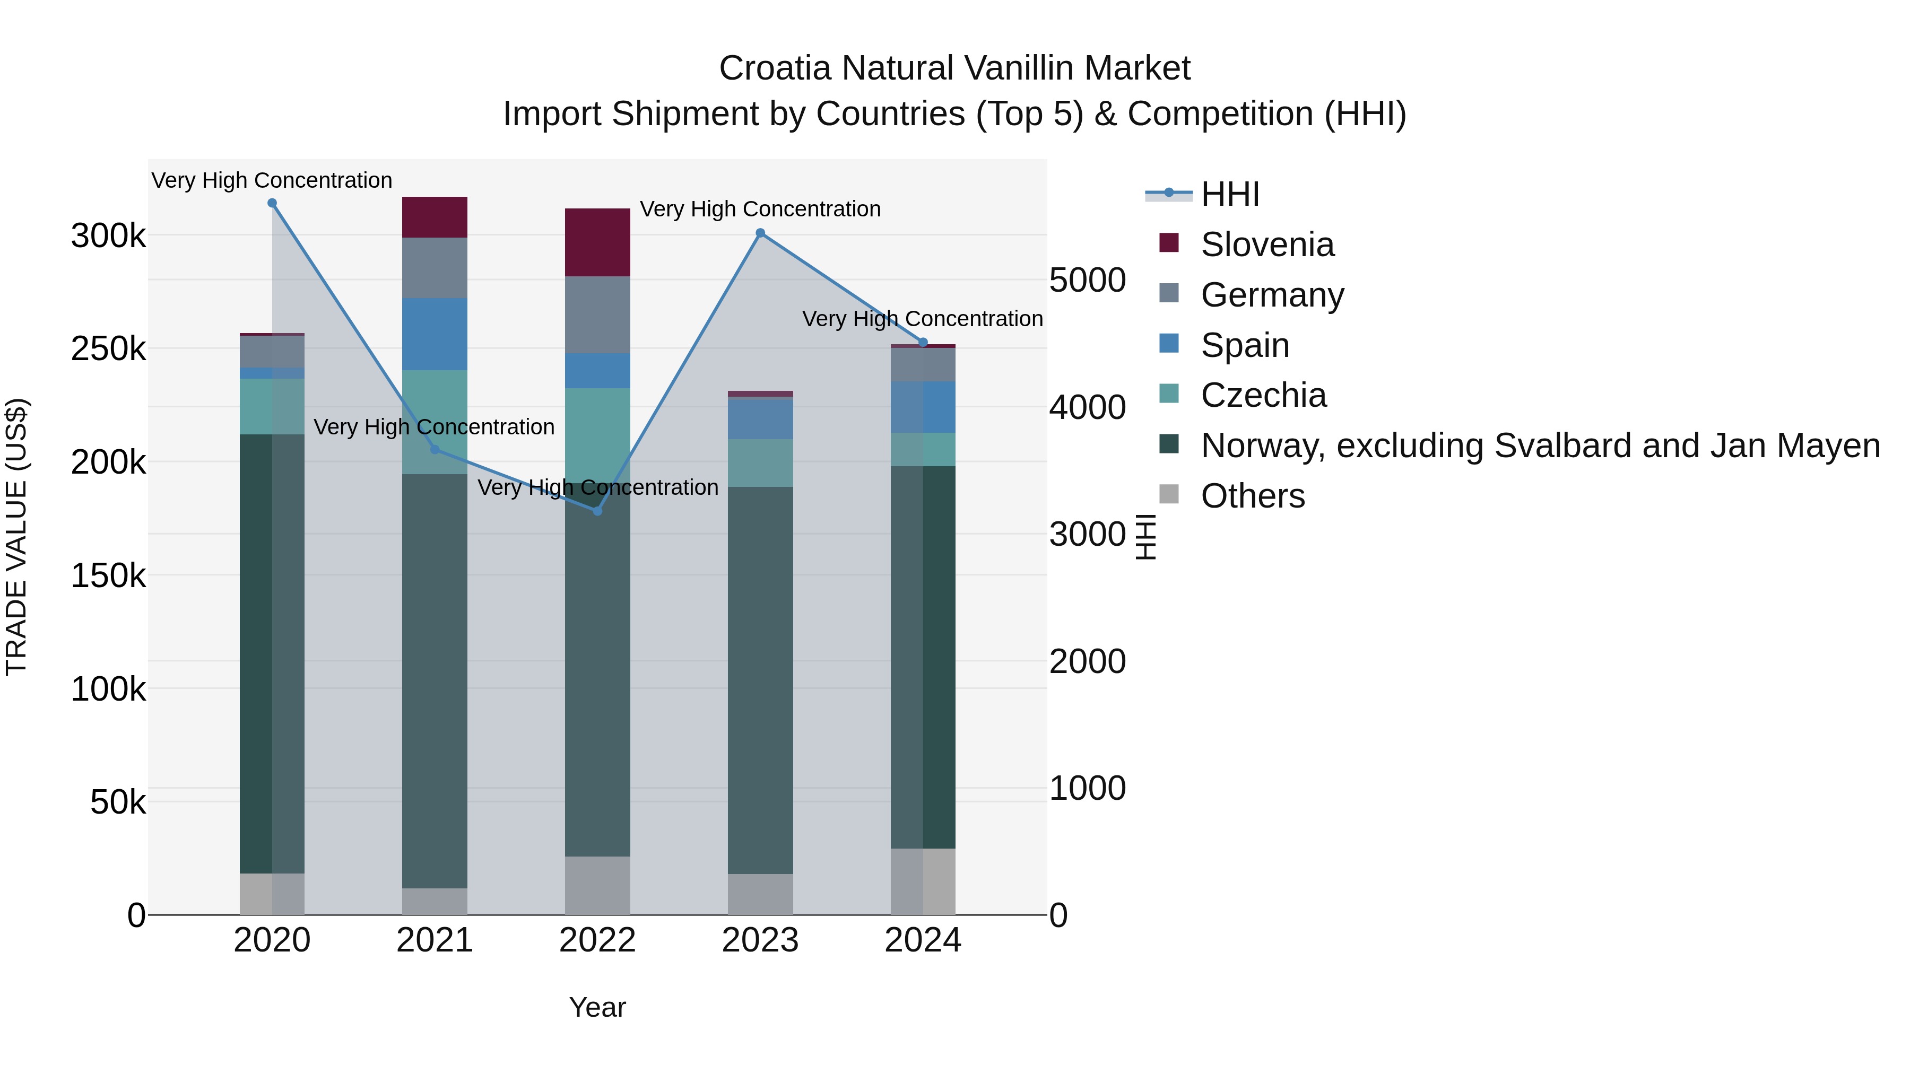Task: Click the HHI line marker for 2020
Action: click(272, 203)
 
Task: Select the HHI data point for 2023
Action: click(760, 233)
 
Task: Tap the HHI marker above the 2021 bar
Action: click(435, 450)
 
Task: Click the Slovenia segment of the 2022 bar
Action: click(597, 242)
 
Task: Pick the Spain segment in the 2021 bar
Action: click(435, 334)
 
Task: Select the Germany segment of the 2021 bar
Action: click(435, 268)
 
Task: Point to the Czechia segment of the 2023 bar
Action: click(760, 462)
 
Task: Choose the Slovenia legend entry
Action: click(1267, 245)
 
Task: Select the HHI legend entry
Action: click(1229, 194)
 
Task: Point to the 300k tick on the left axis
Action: click(108, 237)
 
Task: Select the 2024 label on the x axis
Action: click(923, 940)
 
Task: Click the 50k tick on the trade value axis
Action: click(118, 802)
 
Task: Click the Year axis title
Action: click(597, 1007)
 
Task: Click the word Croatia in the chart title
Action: click(775, 68)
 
